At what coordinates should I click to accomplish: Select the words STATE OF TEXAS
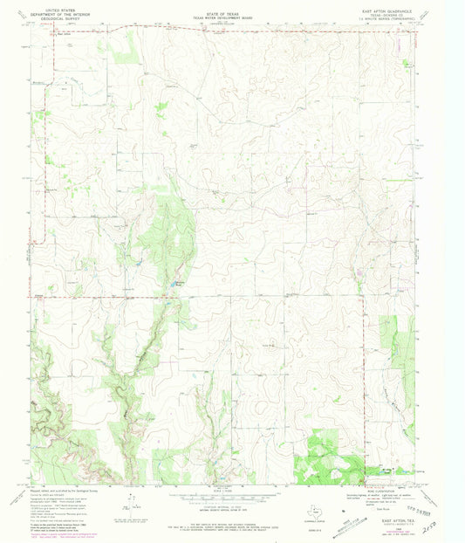[x=225, y=8]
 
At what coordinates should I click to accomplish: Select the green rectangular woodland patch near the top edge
[x=128, y=51]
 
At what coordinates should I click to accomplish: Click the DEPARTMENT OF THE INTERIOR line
[x=58, y=12]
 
